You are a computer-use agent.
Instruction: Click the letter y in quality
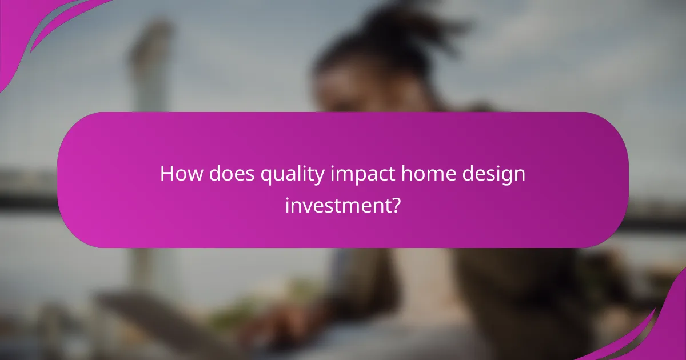pyautogui.click(x=321, y=177)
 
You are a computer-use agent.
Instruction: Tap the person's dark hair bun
pyautogui.click(x=394, y=29)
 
